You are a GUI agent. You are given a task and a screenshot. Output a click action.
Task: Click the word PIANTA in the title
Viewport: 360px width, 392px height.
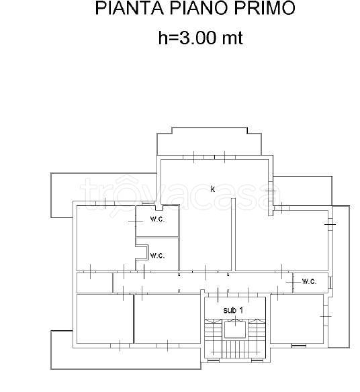coord(130,8)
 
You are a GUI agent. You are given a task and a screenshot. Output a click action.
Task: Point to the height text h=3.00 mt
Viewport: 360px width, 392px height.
coord(201,38)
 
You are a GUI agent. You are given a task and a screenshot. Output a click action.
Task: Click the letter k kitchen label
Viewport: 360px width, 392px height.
coord(213,189)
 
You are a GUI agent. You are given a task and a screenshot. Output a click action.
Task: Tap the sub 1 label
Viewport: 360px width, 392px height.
coord(233,310)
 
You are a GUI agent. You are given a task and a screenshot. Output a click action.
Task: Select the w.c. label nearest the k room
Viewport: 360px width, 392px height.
coord(157,219)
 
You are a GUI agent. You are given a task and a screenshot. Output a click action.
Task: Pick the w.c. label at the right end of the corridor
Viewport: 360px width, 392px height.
coord(309,281)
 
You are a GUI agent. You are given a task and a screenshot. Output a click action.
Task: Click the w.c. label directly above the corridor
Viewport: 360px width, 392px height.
coord(157,256)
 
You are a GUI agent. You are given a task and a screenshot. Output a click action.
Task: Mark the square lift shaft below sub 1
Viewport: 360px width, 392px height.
coord(235,330)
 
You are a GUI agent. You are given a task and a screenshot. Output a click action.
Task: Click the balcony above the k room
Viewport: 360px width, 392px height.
coord(210,142)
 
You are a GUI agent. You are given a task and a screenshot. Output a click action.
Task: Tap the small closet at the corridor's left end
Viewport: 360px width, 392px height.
coord(95,283)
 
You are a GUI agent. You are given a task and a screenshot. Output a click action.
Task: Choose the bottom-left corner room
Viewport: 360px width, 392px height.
coord(105,319)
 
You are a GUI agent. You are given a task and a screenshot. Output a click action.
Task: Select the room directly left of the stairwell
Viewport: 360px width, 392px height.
coord(167,319)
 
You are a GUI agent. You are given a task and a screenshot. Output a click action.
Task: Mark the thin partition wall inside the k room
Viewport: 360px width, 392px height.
coord(233,234)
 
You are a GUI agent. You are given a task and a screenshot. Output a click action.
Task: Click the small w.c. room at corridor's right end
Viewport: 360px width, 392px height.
coord(311,283)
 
